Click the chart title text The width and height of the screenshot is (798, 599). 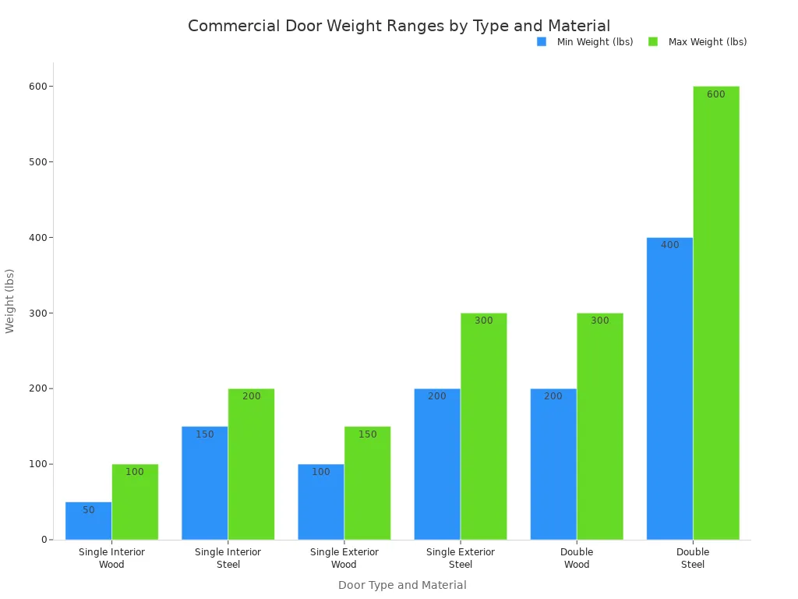(x=399, y=26)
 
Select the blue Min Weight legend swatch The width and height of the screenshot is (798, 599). (x=542, y=42)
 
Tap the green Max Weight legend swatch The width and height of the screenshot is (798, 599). (x=653, y=42)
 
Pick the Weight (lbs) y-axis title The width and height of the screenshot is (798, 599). (x=10, y=300)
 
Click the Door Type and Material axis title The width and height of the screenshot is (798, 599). (x=402, y=585)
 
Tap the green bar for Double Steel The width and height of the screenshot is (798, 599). (x=716, y=312)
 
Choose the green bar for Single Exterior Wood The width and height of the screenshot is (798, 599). (x=367, y=483)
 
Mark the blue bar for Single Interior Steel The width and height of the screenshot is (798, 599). (x=204, y=483)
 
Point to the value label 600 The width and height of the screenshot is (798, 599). (x=715, y=94)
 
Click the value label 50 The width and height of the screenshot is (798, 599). (x=89, y=510)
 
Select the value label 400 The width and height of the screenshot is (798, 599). (x=669, y=245)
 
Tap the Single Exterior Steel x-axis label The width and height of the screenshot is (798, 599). (x=460, y=558)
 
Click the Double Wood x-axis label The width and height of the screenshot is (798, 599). (x=577, y=558)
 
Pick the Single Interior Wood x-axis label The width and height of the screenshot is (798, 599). (x=111, y=558)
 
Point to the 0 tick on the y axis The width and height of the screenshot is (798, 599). (x=44, y=540)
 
